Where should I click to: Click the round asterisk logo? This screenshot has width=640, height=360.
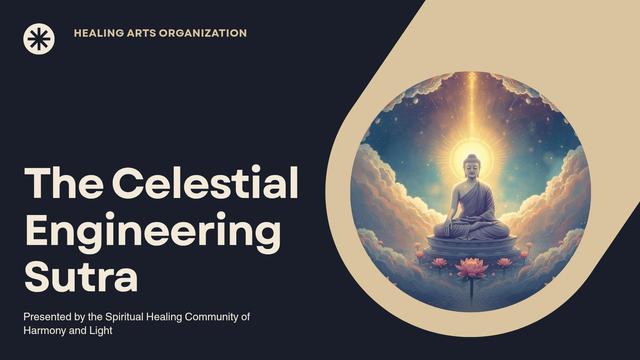39,39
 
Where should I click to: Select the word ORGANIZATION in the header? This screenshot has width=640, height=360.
203,33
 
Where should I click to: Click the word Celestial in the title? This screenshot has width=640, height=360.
205,182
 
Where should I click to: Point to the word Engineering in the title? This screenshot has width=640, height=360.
153,230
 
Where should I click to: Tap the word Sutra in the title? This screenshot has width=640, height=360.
81,276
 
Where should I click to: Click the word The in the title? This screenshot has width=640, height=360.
64,182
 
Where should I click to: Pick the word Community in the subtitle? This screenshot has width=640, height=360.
212,317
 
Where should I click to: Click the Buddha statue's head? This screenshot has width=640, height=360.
472,165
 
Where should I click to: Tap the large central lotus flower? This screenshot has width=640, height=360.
471,268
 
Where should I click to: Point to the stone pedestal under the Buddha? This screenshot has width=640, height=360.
471,247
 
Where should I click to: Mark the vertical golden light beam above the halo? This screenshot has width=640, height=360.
472,106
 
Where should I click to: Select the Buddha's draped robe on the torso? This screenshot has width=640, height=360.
474,201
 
